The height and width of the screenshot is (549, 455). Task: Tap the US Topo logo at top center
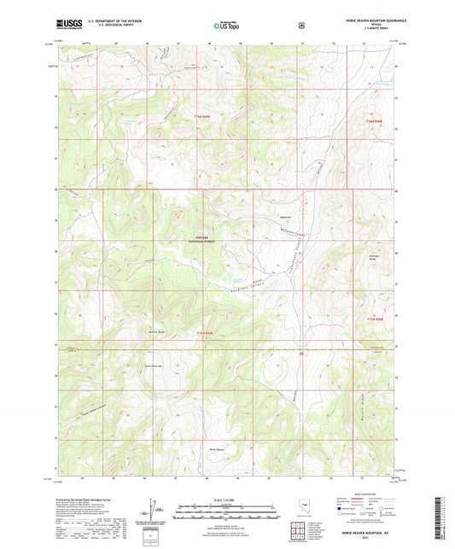226,26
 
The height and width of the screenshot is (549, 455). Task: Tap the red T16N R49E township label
201,117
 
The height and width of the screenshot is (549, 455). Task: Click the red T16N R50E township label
376,122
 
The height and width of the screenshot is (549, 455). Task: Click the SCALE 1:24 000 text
226,499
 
